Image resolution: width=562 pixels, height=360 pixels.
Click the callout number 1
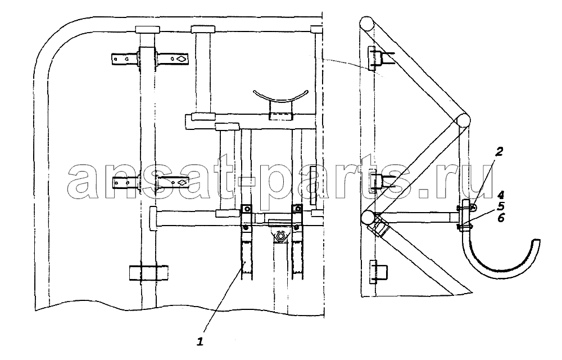[x=201, y=341]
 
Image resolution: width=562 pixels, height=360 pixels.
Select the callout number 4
[x=501, y=195]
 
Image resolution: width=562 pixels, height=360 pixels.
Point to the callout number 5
[x=501, y=206]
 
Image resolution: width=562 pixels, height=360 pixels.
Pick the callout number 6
[x=501, y=218]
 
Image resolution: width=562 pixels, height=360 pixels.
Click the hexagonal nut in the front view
[x=280, y=237]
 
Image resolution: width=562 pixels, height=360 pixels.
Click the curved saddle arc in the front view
[x=280, y=96]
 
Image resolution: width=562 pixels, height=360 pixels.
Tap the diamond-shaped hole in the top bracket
[x=182, y=58]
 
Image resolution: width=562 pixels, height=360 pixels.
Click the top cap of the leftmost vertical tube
[x=147, y=29]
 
